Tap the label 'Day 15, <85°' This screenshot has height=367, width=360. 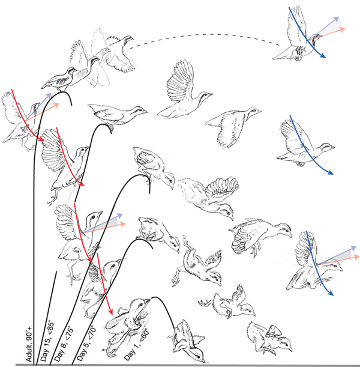47,342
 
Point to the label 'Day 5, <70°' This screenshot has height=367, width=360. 86,343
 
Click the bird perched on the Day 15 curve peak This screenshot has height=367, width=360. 117,115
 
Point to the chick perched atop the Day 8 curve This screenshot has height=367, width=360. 154,166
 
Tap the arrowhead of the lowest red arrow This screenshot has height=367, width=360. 110,312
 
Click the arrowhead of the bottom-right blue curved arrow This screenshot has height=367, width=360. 330,293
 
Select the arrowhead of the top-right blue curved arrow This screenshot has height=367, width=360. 323,56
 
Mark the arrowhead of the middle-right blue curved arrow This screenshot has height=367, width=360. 331,173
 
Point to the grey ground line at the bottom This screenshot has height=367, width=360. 188,365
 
